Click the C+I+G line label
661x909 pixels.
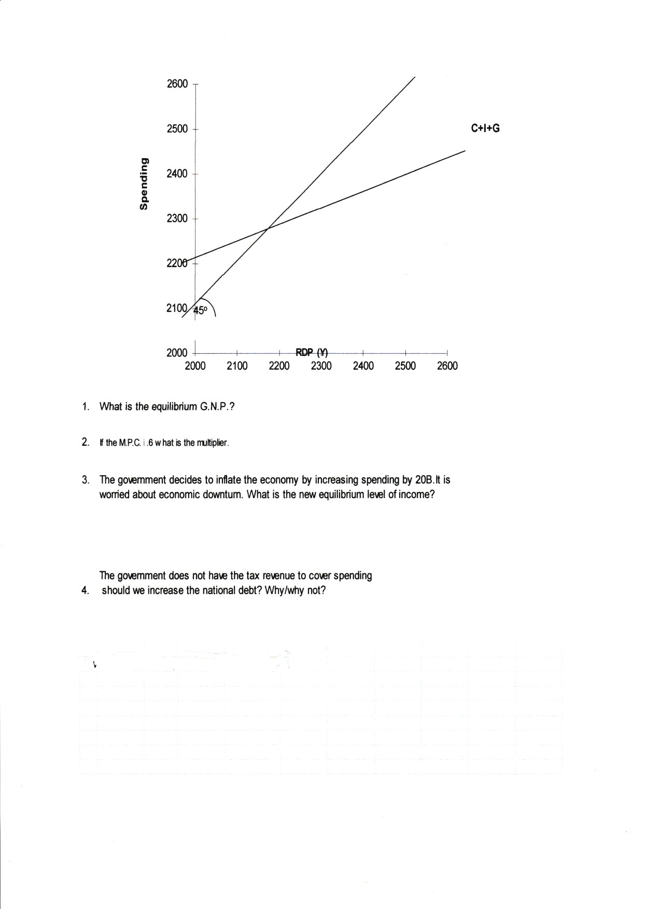click(x=485, y=128)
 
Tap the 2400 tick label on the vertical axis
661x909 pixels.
click(x=177, y=174)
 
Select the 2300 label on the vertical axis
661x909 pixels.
click(x=177, y=218)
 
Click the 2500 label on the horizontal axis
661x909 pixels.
click(x=405, y=366)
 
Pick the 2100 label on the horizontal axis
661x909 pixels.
click(x=237, y=366)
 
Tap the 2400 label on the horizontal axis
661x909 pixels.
click(x=363, y=366)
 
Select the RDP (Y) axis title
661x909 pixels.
click(x=312, y=353)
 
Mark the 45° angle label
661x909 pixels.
click(x=200, y=310)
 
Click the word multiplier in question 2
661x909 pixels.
click(x=213, y=443)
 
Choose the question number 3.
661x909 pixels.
click(x=85, y=479)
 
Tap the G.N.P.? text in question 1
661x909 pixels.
click(x=217, y=407)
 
